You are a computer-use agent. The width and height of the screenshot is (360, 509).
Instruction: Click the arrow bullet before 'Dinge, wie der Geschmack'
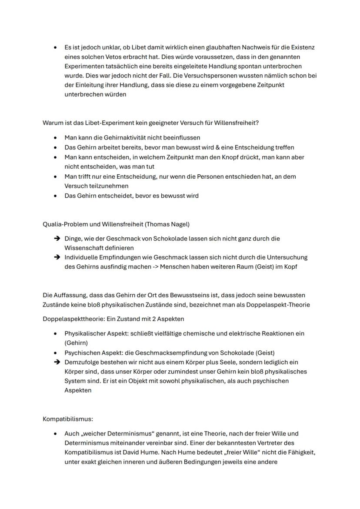[x=56, y=239]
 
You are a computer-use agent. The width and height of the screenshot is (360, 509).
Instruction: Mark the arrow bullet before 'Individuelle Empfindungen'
[x=56, y=257]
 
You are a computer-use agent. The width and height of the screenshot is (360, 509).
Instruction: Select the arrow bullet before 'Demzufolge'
[x=56, y=362]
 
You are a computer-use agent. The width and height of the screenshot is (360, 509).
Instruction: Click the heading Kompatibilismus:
[x=67, y=419]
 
